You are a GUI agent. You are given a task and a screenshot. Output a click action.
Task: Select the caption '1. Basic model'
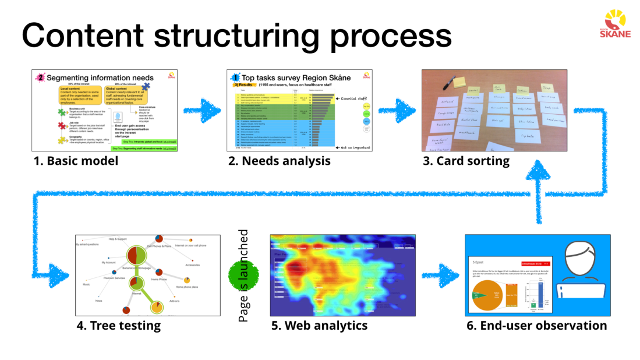(76, 161)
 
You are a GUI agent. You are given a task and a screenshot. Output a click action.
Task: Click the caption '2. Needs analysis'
(280, 161)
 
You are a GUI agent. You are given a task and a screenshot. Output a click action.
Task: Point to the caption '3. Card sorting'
(466, 161)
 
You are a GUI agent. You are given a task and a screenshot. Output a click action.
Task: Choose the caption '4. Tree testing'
(118, 325)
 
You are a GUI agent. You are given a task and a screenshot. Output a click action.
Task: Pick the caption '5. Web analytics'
(319, 325)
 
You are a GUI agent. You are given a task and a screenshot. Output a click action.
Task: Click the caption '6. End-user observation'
(536, 325)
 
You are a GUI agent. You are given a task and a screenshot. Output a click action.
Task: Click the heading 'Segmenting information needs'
(100, 77)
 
